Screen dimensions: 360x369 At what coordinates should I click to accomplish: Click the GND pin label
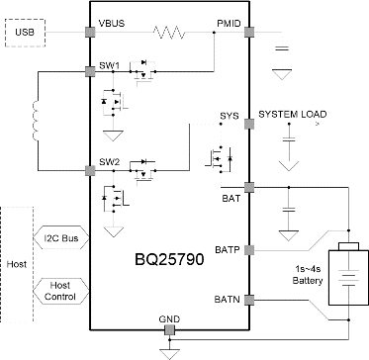coord(170,318)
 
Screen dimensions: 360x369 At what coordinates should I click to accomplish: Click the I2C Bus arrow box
coord(61,239)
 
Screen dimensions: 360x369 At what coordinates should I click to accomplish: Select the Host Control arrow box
coord(60,291)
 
